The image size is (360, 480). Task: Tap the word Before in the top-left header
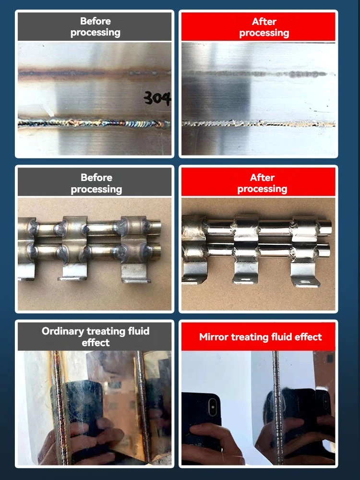tap(96, 21)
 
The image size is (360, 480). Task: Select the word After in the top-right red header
tap(264, 22)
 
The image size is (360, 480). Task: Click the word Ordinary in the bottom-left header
tap(62, 331)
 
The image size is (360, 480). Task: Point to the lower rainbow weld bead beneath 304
tap(96, 123)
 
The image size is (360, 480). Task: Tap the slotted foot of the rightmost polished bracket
tap(305, 281)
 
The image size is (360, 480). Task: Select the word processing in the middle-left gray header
tap(96, 189)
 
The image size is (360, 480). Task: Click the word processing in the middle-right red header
tap(262, 189)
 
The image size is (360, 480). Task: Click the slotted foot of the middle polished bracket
tap(246, 278)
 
